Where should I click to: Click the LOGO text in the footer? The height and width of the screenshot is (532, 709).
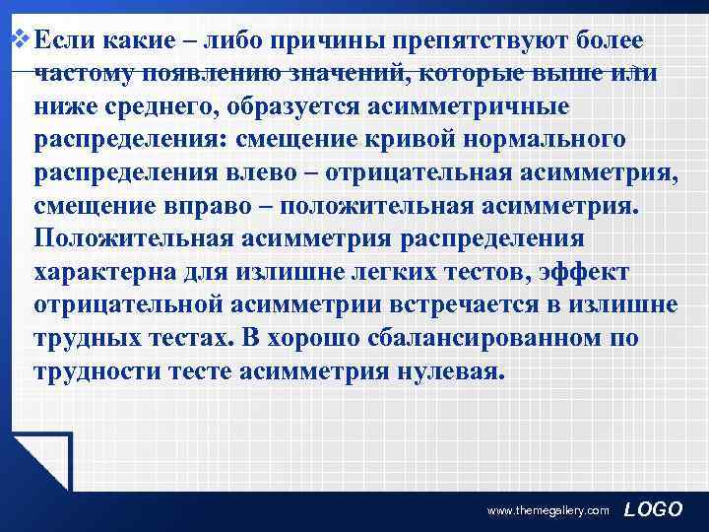[654, 508]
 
